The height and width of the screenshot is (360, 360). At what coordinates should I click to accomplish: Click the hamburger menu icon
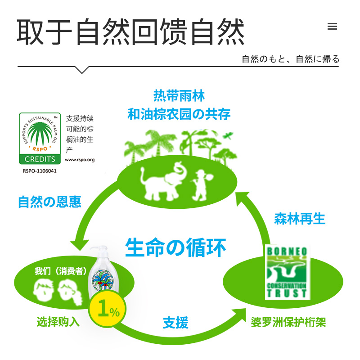(332, 27)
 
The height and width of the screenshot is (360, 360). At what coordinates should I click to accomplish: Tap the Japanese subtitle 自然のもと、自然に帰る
(290, 59)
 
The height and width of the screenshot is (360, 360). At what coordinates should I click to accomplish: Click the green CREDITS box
(40, 159)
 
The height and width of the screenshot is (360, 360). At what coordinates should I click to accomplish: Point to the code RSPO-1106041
(40, 171)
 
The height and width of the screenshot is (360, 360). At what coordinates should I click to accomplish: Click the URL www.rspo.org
(80, 159)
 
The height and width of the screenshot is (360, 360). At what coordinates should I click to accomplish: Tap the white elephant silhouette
(162, 180)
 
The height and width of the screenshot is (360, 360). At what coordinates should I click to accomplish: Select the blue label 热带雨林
(179, 96)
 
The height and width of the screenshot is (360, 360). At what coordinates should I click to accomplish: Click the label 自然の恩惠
(49, 201)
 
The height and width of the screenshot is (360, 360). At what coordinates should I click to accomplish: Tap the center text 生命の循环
(175, 247)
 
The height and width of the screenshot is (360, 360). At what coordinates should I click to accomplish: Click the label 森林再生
(300, 219)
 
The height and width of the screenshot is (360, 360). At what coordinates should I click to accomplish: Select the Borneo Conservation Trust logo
(286, 272)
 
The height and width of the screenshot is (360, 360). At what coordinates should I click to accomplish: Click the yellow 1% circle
(108, 311)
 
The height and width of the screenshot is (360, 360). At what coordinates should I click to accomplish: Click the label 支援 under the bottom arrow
(175, 322)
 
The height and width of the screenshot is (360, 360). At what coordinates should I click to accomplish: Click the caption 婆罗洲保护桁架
(288, 322)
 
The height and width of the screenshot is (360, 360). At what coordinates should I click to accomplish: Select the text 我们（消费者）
(61, 271)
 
